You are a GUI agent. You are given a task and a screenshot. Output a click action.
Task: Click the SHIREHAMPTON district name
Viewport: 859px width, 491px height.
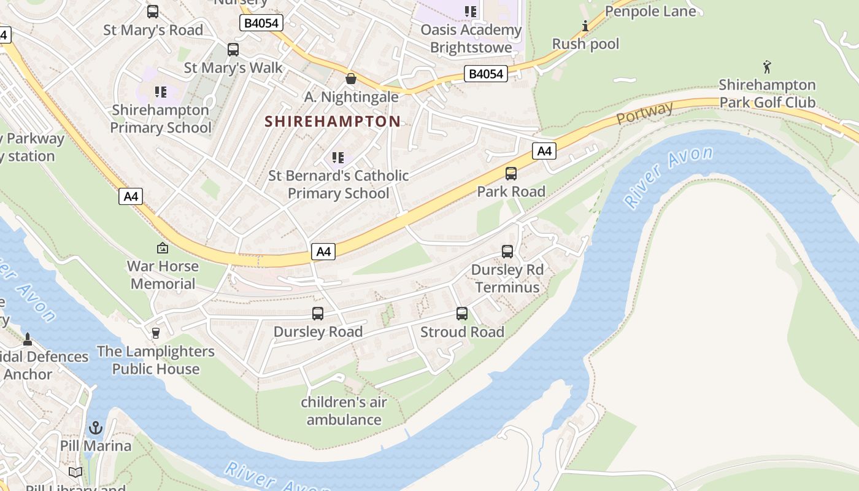pos(333,122)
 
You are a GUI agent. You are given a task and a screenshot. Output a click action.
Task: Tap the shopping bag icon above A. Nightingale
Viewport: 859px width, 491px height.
pos(351,79)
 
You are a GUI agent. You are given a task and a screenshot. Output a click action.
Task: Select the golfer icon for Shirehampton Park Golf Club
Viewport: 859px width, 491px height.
pos(767,67)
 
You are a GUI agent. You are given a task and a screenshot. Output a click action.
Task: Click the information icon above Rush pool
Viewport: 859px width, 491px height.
pos(585,26)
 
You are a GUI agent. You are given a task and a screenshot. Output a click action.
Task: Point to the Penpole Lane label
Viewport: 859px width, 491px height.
pos(650,12)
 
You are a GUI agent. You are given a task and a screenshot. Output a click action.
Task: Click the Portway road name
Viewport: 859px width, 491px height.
pos(645,113)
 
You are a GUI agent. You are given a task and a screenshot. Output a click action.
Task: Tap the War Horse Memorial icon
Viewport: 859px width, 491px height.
pos(163,248)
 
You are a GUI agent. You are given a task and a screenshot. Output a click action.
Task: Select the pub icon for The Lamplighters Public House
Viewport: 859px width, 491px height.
pos(156,333)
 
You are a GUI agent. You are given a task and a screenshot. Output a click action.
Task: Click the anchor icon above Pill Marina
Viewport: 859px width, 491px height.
pos(96,427)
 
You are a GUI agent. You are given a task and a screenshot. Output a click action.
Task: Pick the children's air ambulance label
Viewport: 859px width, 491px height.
pos(344,411)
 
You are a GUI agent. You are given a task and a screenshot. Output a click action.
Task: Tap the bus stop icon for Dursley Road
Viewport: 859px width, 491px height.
pos(318,314)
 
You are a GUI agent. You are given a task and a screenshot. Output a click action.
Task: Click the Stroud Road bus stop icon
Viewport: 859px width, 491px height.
pos(462,314)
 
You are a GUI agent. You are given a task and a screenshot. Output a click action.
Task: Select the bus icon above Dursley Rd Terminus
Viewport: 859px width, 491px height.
pos(507,251)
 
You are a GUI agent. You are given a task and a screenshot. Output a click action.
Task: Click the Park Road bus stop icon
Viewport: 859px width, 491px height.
pos(511,174)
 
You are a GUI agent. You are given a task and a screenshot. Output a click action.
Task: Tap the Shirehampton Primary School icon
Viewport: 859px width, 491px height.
pos(161,92)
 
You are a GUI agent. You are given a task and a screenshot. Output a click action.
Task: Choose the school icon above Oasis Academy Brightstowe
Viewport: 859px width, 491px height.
pos(471,12)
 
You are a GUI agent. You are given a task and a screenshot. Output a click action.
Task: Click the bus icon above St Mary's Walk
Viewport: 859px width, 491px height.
pos(233,50)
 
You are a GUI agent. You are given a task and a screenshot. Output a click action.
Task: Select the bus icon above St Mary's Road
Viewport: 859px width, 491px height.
pos(153,12)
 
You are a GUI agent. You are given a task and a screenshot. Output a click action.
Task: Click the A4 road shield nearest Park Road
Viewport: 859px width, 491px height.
pos(544,151)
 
